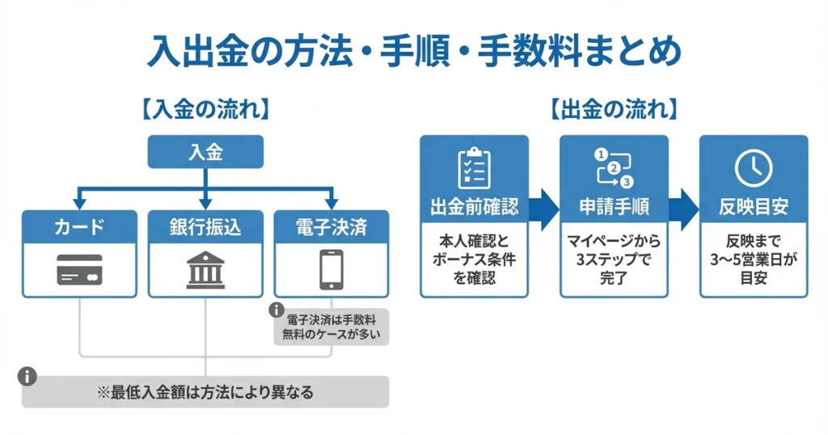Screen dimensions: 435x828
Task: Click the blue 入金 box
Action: [205, 152]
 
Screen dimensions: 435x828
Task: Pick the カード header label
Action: [79, 226]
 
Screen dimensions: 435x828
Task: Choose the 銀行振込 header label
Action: [205, 226]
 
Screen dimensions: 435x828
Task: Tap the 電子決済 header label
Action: [332, 226]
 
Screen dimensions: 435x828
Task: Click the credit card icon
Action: [79, 271]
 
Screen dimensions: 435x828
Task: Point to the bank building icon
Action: [205, 270]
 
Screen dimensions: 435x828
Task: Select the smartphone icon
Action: [332, 270]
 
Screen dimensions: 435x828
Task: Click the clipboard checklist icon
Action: [474, 168]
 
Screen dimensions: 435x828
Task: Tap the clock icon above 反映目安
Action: [753, 168]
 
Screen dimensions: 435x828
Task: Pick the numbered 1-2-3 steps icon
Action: [614, 167]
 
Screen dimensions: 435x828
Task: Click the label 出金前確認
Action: [474, 207]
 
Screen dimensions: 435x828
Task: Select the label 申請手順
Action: [614, 207]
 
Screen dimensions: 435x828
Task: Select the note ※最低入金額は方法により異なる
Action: [205, 393]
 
